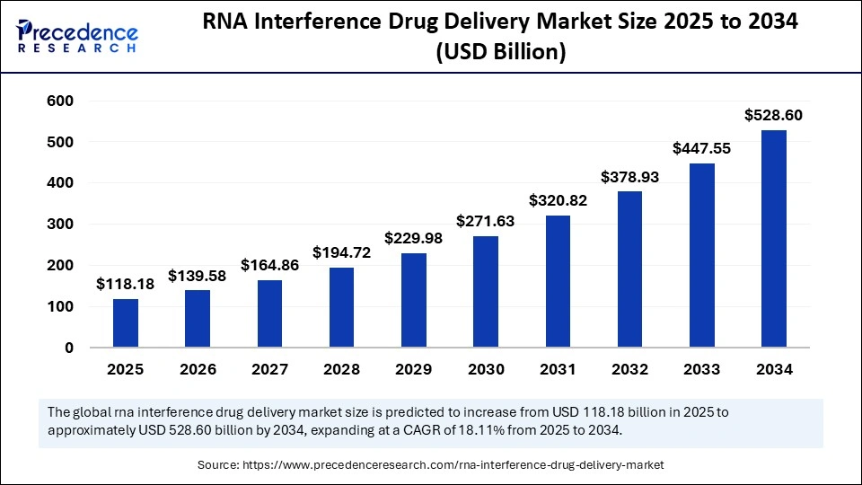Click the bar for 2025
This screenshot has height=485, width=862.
126,322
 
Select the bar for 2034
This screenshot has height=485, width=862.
774,238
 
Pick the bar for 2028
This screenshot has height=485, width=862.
341,307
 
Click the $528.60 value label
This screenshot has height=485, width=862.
774,115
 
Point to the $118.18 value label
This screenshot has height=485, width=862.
126,284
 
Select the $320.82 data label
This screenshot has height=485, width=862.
558,200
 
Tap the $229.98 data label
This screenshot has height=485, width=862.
414,238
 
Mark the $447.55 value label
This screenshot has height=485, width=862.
702,148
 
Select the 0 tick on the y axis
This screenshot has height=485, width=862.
68,348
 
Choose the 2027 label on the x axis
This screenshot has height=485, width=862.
269,368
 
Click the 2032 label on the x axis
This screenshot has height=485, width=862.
629,368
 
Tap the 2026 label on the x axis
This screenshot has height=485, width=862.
198,368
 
